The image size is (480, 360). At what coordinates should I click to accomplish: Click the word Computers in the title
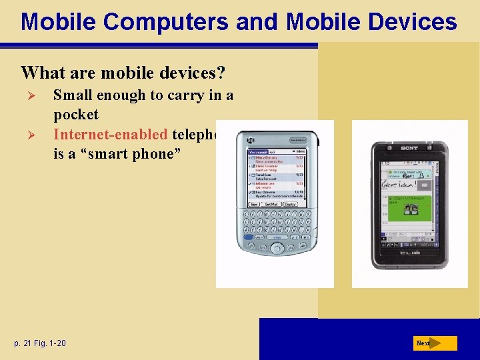point(140,22)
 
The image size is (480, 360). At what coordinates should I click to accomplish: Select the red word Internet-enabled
point(110,134)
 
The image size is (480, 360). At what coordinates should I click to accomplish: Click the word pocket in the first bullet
point(75,115)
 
